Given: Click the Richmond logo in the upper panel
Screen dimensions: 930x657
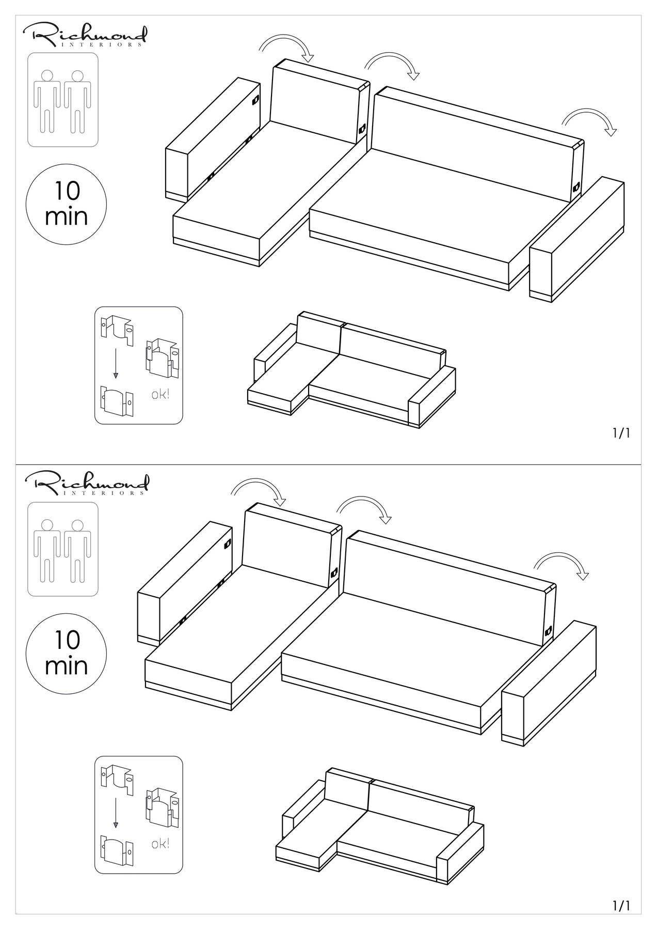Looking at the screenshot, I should (85, 35).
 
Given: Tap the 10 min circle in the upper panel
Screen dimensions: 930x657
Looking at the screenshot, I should (66, 204).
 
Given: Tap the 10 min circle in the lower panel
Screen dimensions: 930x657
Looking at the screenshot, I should (66, 654).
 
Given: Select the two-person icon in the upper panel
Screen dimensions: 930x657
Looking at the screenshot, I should (62, 100).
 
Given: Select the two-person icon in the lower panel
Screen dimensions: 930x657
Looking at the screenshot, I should (62, 549).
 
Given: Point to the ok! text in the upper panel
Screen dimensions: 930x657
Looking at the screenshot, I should (160, 395).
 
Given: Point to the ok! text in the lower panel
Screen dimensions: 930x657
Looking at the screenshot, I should (160, 844).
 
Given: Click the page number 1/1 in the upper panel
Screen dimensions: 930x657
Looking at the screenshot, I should (621, 433).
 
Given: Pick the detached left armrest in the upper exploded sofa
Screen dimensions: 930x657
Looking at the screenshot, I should (212, 139).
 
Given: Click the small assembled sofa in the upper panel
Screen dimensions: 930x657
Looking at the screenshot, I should (351, 369).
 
